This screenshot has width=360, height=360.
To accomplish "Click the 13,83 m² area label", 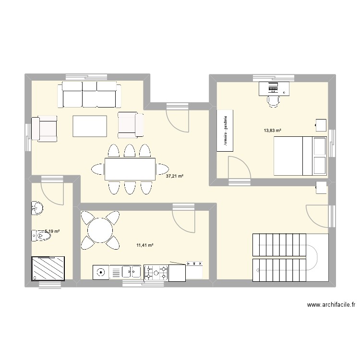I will click(x=272, y=130).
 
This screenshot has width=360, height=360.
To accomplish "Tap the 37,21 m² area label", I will click(x=175, y=176).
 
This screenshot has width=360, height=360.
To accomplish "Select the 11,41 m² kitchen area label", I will click(x=144, y=245).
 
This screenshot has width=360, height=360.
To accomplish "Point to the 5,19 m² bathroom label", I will click(x=52, y=231).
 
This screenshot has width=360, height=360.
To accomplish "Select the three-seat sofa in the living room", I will click(x=89, y=94).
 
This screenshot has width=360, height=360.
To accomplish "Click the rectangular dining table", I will click(x=130, y=168).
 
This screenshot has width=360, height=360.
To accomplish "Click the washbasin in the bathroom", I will click(x=37, y=208).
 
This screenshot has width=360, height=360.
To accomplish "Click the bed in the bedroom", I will click(x=300, y=156).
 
